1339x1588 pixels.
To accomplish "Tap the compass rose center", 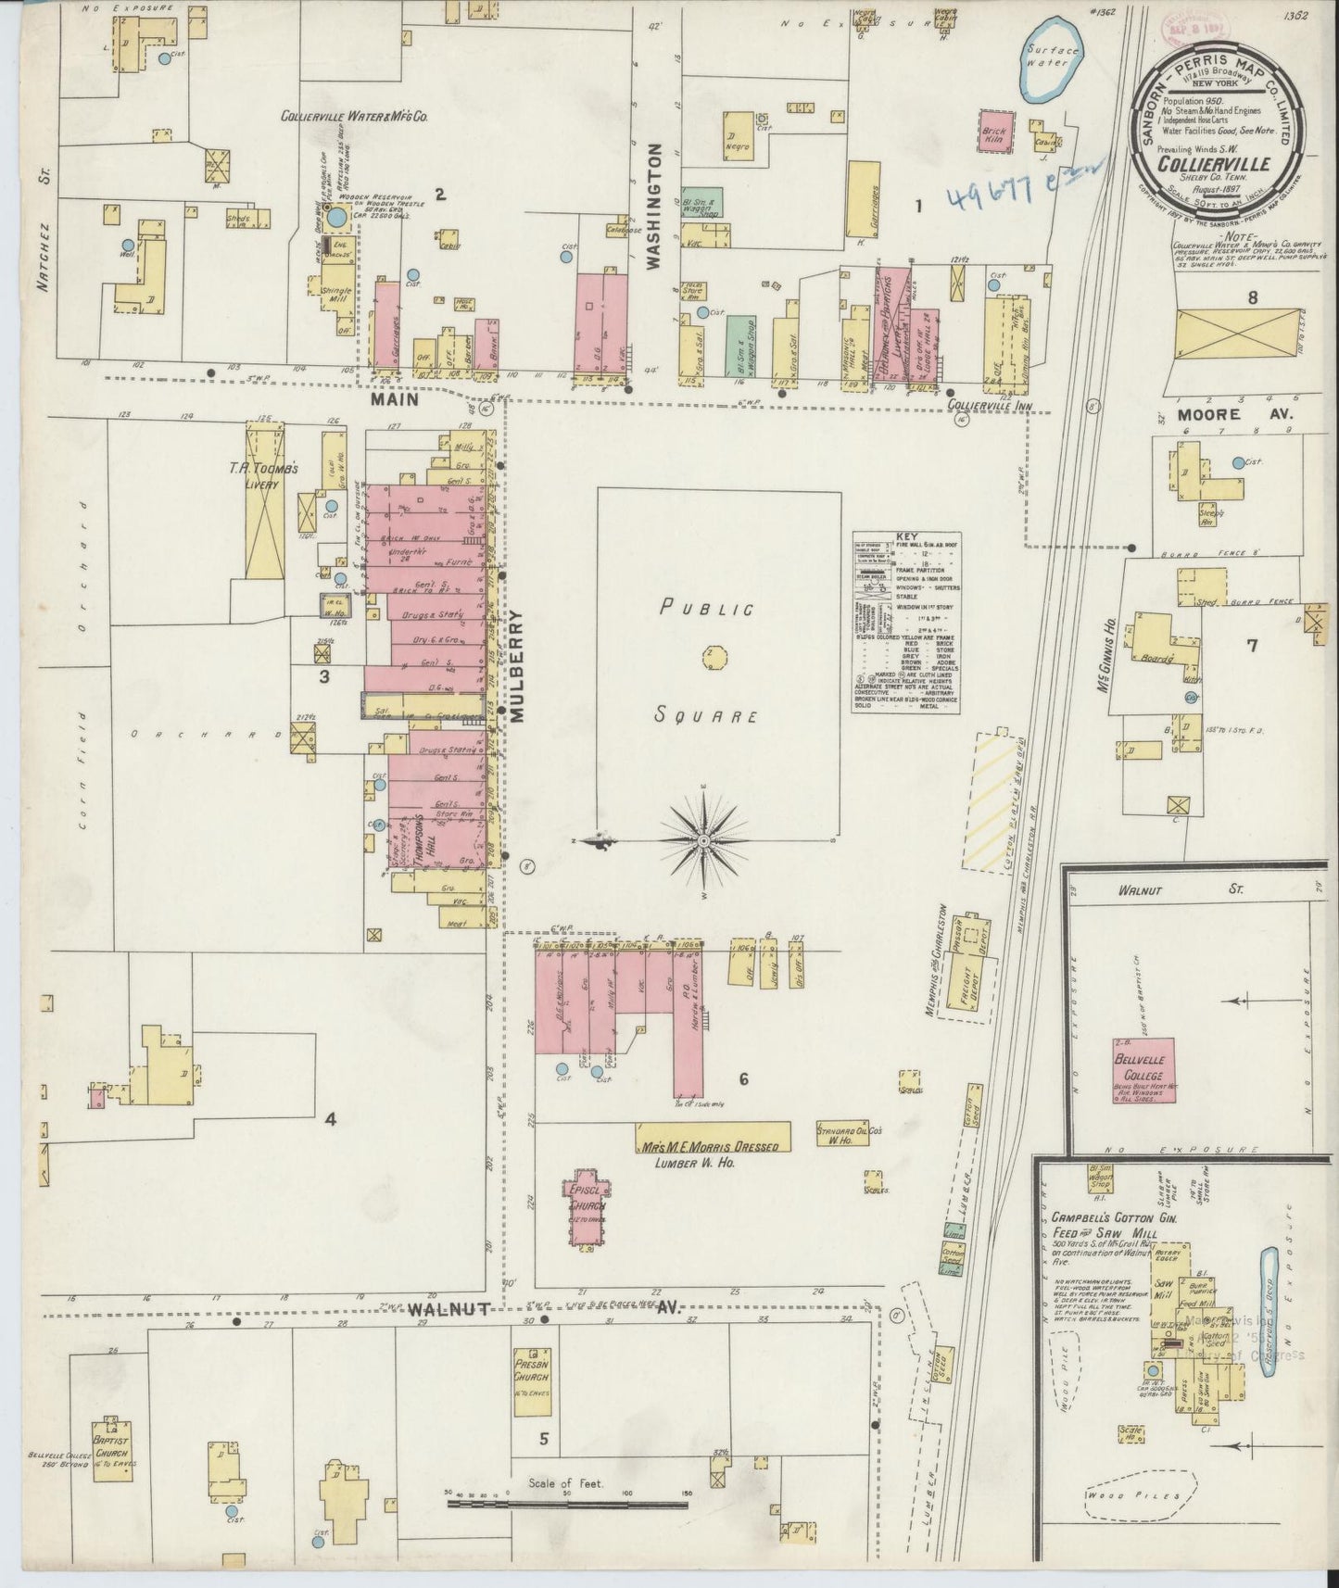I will tap(703, 840).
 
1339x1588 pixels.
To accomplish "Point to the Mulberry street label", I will tap(516, 664).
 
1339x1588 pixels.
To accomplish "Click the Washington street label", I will tap(654, 206).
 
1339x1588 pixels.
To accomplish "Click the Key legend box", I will tap(905, 622).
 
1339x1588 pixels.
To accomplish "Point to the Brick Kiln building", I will tap(992, 132).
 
